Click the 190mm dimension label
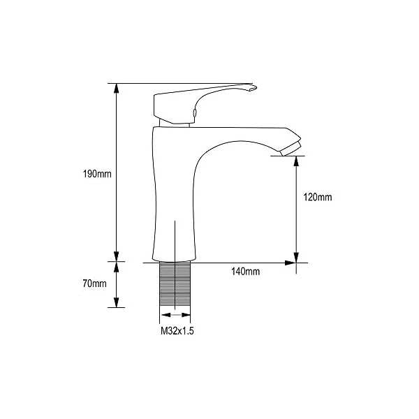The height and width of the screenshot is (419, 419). pyautogui.click(x=97, y=174)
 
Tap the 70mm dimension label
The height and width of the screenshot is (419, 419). pyautogui.click(x=94, y=284)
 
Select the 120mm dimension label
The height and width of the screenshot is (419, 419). pyautogui.click(x=318, y=197)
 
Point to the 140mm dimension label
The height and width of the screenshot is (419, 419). pyautogui.click(x=245, y=272)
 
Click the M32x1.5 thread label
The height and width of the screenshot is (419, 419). pyautogui.click(x=177, y=331)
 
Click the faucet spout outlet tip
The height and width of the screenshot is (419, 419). pyautogui.click(x=291, y=149)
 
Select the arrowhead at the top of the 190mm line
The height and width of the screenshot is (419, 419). pyautogui.click(x=116, y=89)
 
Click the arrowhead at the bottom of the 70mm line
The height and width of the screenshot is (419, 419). pyautogui.click(x=116, y=302)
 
